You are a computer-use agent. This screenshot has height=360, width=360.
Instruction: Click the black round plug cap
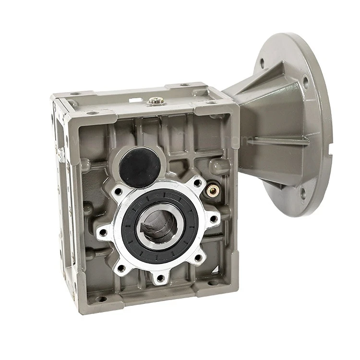coord(140,167)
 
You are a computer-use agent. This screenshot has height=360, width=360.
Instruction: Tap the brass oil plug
coord(213,191)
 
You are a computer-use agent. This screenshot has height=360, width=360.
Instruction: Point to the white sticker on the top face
coord(136,100)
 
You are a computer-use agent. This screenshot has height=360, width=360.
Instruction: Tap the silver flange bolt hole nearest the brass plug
coord(197,183)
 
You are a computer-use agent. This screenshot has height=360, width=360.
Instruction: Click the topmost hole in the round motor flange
coord(262,62)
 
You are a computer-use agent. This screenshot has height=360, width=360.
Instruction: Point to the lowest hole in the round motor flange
coord(303,193)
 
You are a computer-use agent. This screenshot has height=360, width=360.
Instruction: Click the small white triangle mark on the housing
coord(216,269)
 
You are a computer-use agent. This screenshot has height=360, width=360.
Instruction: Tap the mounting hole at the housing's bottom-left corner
coord(100,299)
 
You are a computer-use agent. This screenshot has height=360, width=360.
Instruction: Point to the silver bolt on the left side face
coord(61,154)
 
